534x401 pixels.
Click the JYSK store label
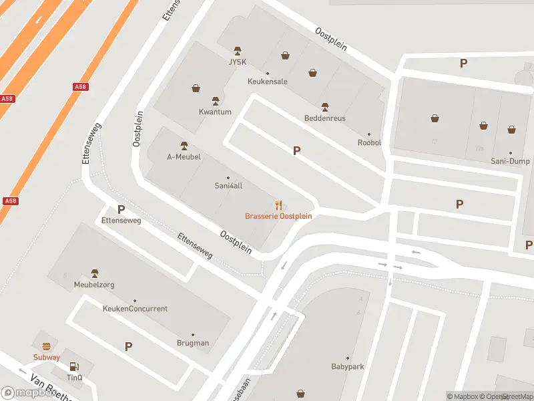[238, 63]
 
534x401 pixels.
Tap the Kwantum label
[215, 112]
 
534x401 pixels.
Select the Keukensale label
[267, 82]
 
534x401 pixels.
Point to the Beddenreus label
[324, 118]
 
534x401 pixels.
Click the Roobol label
[369, 142]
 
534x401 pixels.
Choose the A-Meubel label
[184, 157]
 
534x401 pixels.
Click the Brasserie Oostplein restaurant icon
[278, 206]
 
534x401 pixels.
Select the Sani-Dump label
[510, 161]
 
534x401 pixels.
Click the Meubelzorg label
[94, 285]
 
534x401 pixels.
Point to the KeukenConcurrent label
[135, 309]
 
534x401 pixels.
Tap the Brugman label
[193, 343]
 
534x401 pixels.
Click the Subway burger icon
[47, 346]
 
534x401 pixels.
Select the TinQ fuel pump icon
[74, 366]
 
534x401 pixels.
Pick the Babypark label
[347, 366]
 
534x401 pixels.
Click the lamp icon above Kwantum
[215, 101]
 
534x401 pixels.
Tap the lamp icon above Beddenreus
[325, 107]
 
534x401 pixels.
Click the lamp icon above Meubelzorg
[94, 273]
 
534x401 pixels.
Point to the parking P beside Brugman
[128, 346]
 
